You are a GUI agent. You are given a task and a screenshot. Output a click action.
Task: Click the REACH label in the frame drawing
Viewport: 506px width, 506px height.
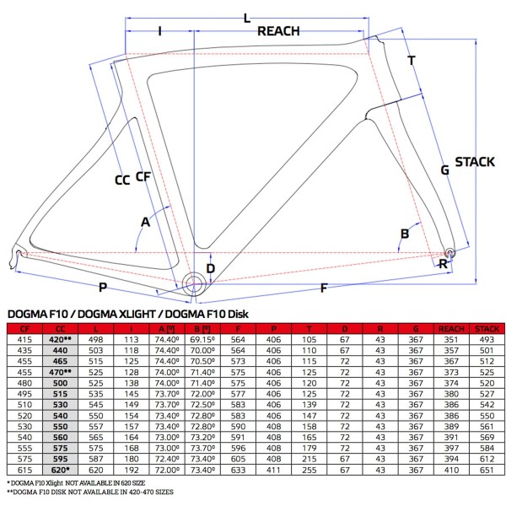(279, 31)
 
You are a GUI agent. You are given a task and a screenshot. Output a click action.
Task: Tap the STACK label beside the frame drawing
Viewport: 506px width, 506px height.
(474, 162)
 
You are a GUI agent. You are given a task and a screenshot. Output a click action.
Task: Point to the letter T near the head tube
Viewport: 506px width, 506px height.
(411, 61)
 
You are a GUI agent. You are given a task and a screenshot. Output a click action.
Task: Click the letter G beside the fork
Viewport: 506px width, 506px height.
(444, 170)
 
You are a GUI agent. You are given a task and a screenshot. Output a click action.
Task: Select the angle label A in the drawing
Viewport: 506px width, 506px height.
(146, 222)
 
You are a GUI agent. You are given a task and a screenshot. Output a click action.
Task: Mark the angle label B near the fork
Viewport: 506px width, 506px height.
(405, 234)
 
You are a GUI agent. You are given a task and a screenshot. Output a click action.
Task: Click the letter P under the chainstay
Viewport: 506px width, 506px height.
(103, 288)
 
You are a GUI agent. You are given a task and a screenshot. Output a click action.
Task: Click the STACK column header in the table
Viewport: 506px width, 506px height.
(485, 328)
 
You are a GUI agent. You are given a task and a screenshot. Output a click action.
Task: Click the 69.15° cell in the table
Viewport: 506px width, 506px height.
(201, 338)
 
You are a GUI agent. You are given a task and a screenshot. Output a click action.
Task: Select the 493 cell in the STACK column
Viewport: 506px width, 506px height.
(485, 338)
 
